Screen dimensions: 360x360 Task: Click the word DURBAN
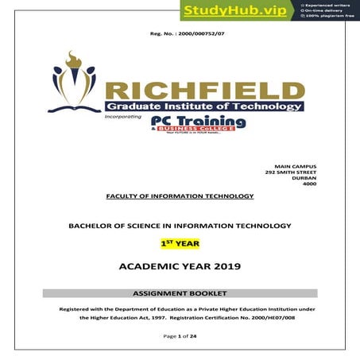click(304, 179)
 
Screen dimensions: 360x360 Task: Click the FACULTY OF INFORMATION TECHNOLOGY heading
click(180, 195)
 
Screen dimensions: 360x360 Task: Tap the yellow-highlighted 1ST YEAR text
click(180, 245)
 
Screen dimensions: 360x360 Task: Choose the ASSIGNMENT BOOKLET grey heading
click(180, 294)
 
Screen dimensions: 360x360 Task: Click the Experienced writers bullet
click(327, 5)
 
